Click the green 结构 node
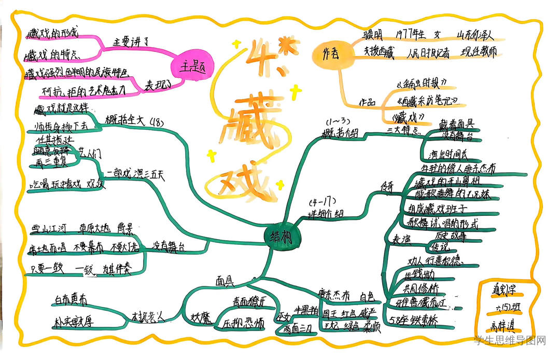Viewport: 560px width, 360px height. (281, 236)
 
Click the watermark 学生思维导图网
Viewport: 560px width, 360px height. (511, 341)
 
